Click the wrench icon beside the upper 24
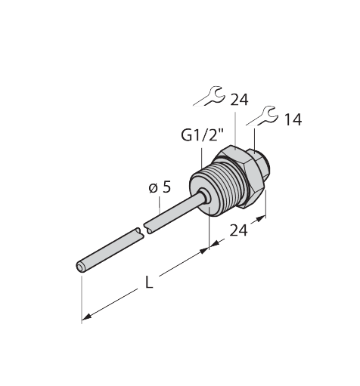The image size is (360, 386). coord(207,96)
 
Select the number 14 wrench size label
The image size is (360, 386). coord(292,119)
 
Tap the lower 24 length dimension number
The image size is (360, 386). coord(239,232)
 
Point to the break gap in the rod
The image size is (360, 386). coord(141,231)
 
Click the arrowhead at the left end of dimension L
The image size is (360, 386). coord(85,317)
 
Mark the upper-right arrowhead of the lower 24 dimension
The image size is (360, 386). coord(262,219)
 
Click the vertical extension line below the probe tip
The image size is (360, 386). coord(80,298)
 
